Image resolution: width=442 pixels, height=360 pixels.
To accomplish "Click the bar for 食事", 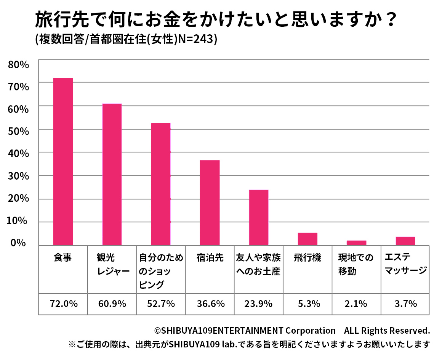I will pos(63,161).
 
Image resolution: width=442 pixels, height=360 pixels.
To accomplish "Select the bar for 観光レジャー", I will pos(112,174).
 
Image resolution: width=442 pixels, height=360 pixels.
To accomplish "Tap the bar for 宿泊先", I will pos(210,202).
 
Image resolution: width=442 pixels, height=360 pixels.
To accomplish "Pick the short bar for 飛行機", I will pos(307,239).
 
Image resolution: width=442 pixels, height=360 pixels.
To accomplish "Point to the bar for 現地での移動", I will pos(356,243).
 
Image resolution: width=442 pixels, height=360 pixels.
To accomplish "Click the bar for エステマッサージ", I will pos(405,241).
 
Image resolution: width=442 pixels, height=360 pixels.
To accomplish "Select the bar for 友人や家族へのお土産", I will pos(259,217).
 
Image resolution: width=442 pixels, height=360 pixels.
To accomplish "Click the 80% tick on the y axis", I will pos(19,64).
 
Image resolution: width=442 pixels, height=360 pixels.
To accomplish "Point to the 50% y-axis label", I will pos(19,132).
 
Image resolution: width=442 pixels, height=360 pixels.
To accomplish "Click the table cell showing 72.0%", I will pos(64,304).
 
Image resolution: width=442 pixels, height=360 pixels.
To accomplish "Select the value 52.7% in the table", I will pos(161,304).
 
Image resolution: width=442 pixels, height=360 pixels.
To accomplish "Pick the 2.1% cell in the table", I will pos(356,304).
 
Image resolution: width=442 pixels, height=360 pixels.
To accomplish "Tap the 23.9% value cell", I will pos(259,304).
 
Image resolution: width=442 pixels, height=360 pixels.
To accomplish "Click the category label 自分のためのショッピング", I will pos(160,271).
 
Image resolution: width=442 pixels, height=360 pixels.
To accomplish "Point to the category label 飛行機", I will pos(307,258).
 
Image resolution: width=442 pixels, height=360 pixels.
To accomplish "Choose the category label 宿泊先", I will pos(210,258).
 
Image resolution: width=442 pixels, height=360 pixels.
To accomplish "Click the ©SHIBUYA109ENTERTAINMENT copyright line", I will pos(292,330).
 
